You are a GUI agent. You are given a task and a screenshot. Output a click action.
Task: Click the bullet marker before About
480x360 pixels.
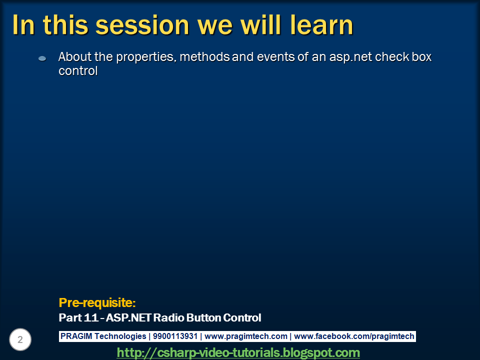[x=42, y=58]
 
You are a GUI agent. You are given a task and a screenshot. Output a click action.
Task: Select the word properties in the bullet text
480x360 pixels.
[x=145, y=57]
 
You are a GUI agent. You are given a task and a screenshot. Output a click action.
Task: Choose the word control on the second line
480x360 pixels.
[x=78, y=71]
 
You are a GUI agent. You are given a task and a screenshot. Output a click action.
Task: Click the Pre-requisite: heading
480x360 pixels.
[x=97, y=302]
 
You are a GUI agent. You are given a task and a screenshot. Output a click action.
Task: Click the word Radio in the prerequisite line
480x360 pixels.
[x=167, y=317]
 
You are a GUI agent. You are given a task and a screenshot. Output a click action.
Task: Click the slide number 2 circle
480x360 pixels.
[x=20, y=340]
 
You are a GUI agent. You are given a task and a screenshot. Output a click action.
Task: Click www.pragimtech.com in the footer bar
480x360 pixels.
[x=246, y=336]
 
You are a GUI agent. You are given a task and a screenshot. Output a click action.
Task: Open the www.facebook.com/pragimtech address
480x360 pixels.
[x=354, y=336]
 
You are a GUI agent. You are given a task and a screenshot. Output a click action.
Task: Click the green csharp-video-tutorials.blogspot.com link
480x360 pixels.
[x=238, y=353]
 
